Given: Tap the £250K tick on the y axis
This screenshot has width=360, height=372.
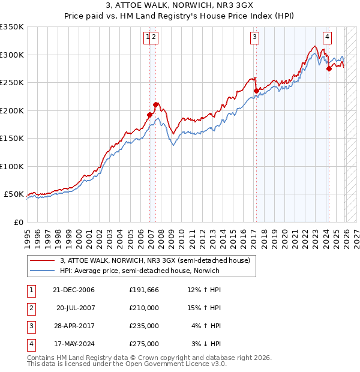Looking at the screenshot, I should [x=12, y=83].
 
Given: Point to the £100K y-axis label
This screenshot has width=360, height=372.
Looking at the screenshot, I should [x=12, y=166].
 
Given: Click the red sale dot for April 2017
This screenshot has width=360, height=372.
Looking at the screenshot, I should [x=256, y=91].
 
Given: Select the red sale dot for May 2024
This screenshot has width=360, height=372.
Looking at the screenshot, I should [x=329, y=69].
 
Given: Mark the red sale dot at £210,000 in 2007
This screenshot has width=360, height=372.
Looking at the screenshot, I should [x=155, y=105].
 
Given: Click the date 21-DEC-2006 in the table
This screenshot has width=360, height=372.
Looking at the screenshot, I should [x=74, y=290].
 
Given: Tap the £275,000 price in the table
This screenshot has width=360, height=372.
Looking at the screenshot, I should [x=144, y=344].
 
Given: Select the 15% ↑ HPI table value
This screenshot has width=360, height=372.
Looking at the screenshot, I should [x=204, y=308].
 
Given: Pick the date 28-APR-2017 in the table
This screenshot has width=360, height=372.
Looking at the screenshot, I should [x=74, y=326].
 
